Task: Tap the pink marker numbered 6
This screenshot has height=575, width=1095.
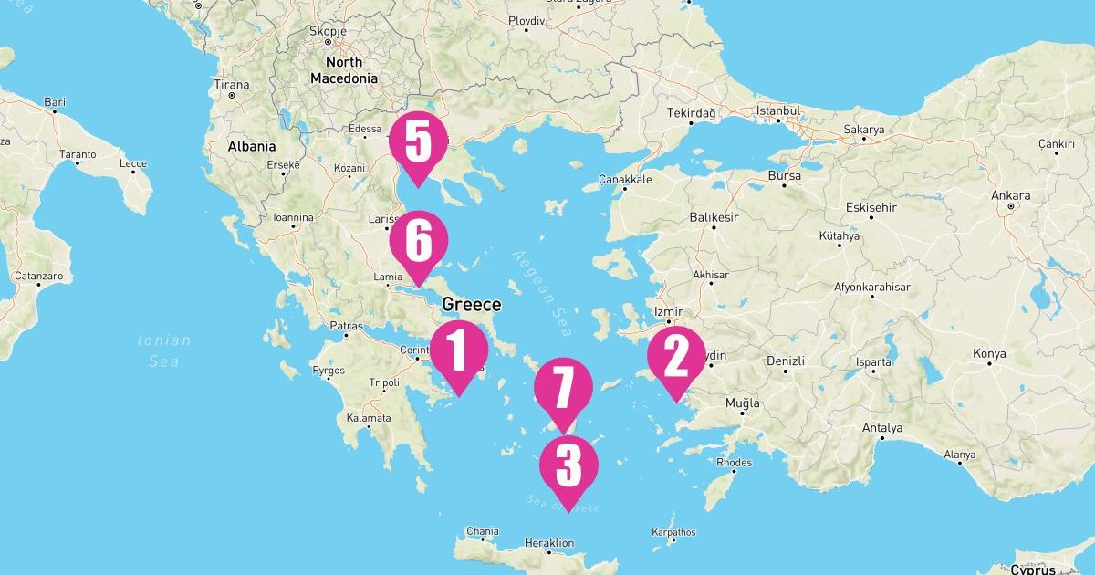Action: (x=417, y=242)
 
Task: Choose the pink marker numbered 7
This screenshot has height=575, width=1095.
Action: (x=563, y=387)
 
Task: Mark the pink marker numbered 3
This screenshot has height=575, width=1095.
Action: (x=568, y=465)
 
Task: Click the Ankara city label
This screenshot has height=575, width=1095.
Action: (x=1011, y=196)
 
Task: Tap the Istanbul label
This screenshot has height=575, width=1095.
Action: (x=778, y=111)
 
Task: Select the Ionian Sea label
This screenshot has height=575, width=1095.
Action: (x=164, y=350)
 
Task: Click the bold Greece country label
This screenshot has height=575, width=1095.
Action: (x=471, y=305)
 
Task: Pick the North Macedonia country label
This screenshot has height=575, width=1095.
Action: (x=344, y=70)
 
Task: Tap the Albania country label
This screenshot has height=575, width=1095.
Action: (x=251, y=146)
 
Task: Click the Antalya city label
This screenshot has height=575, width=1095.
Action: (x=882, y=428)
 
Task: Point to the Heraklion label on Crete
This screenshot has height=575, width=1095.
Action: (x=549, y=544)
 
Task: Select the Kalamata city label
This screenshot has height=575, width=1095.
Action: (x=369, y=418)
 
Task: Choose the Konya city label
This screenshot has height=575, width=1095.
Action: (x=989, y=353)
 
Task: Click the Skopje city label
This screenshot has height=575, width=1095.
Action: (x=327, y=30)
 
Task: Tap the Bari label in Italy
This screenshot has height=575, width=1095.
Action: (x=55, y=102)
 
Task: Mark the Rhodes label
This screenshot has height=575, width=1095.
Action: (x=735, y=463)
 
